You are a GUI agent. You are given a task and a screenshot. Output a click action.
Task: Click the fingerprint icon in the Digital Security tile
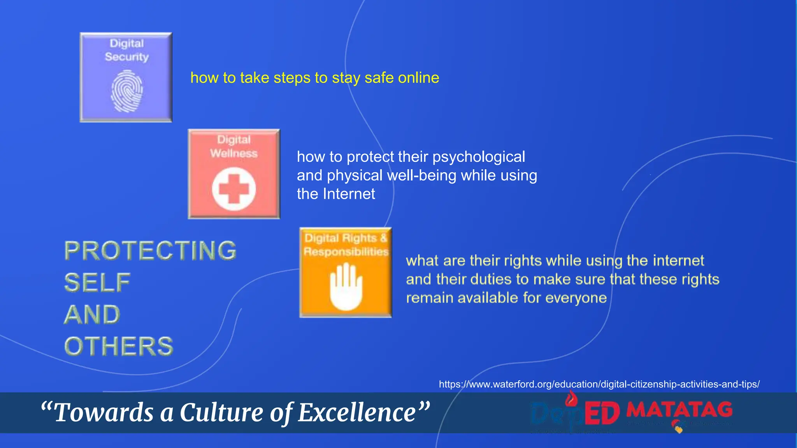click(127, 91)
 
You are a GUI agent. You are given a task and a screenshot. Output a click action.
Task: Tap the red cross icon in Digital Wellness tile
click(233, 189)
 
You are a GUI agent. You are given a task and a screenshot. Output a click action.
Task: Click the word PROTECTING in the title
click(150, 250)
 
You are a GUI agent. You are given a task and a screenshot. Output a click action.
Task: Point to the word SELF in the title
click(97, 283)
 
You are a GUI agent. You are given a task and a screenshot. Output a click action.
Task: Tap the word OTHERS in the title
click(119, 346)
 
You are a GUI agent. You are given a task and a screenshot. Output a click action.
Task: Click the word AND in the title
click(92, 315)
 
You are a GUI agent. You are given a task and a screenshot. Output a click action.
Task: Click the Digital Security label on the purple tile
click(127, 50)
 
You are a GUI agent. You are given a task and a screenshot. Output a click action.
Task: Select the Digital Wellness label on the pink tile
click(233, 147)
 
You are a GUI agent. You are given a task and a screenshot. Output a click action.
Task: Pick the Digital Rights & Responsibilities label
click(346, 245)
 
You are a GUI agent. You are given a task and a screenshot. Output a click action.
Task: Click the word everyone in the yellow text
click(576, 298)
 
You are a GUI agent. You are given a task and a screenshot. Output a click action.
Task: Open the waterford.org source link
click(599, 384)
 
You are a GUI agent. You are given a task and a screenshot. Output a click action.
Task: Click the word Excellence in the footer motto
click(357, 413)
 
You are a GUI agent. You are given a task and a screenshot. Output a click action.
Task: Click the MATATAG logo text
click(679, 409)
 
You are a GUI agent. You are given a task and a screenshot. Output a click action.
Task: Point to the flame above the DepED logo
click(571, 398)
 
